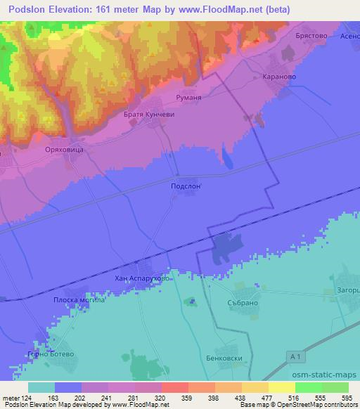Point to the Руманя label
(188, 99)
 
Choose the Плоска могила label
(79, 300)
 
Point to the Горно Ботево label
(49, 353)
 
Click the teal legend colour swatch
(41, 387)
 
